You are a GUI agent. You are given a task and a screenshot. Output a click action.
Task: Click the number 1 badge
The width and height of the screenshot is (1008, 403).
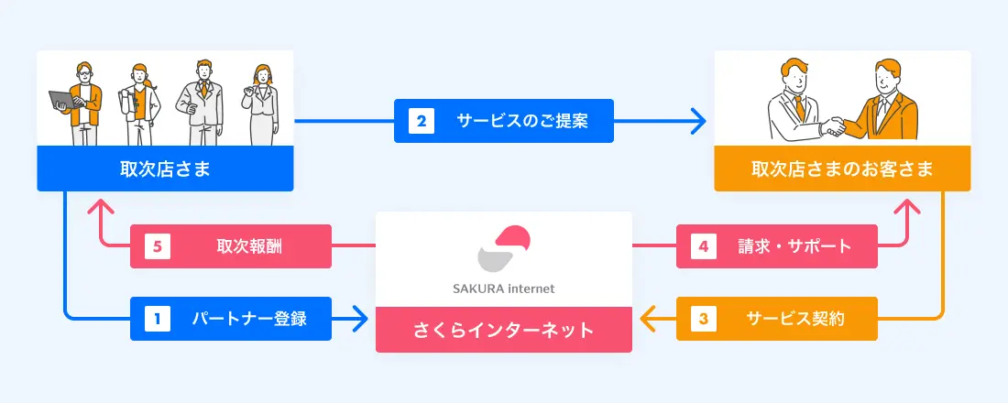tap(157, 319)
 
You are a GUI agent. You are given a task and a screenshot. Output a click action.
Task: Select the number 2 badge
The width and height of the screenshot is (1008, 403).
tap(421, 120)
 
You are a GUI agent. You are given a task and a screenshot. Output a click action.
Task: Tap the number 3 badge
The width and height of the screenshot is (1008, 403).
tap(703, 319)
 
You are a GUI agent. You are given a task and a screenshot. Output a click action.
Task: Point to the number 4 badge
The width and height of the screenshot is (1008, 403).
tap(703, 245)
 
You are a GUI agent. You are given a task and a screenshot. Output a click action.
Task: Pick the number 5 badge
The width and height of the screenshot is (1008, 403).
tap(157, 245)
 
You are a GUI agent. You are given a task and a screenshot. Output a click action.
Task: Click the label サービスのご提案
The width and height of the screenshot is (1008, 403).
tap(521, 120)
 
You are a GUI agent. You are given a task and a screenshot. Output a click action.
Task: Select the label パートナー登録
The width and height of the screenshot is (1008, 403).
tap(248, 319)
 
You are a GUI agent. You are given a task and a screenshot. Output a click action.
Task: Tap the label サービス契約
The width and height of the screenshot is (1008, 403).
tap(794, 319)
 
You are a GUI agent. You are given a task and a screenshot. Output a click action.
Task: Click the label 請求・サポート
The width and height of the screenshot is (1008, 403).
tap(794, 245)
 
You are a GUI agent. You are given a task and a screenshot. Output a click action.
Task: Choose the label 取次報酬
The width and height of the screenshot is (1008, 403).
tap(243, 245)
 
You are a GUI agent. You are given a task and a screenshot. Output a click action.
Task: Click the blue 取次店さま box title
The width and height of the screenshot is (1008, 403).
tap(165, 169)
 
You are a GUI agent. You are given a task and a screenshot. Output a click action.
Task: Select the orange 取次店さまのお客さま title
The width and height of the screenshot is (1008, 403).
tap(842, 169)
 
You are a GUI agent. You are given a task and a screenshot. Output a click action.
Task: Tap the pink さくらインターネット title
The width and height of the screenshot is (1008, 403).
tap(503, 330)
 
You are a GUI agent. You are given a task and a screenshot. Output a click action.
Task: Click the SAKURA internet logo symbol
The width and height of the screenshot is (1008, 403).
tap(503, 250)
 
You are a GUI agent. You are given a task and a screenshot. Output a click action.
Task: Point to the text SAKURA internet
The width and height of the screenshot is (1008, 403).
tap(503, 289)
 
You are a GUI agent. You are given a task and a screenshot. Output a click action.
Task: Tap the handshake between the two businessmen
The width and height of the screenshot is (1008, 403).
tap(833, 126)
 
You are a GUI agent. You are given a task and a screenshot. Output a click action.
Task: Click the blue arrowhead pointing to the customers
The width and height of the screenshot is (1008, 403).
tap(699, 120)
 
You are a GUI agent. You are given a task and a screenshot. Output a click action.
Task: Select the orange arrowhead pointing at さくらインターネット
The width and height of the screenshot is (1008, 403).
tap(645, 319)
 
